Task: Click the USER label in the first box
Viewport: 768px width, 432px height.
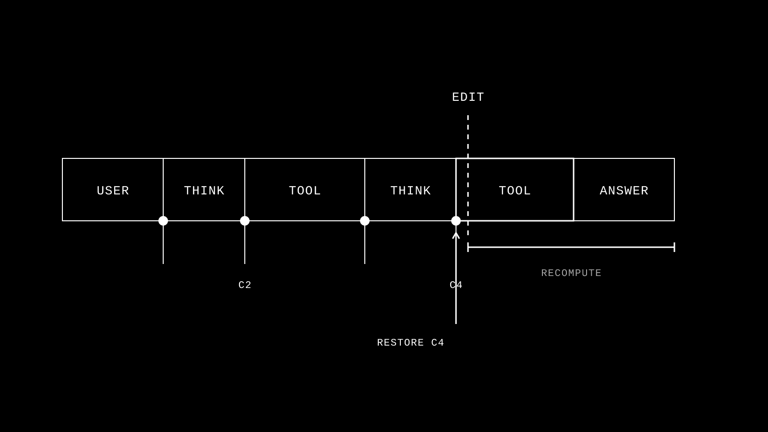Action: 113,191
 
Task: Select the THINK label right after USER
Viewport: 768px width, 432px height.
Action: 204,191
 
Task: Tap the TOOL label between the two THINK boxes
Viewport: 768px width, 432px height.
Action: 305,191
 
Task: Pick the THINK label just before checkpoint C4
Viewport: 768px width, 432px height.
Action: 410,191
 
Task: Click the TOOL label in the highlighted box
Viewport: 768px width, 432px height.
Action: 515,191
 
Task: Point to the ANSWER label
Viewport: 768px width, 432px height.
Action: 624,191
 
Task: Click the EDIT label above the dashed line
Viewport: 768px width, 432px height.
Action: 468,97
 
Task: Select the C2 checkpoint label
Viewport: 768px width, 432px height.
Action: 245,285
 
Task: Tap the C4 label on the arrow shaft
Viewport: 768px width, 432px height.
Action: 456,285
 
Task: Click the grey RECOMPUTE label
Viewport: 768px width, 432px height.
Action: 571,273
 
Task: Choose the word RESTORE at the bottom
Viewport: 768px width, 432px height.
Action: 400,343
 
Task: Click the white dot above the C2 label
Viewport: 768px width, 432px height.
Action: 245,221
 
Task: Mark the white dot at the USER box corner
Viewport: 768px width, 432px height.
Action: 163,221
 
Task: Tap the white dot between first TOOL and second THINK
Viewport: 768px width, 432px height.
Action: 365,221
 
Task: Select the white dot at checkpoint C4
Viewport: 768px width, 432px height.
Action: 456,221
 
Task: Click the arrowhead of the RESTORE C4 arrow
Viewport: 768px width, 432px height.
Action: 456,233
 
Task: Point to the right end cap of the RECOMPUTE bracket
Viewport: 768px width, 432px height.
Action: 674,247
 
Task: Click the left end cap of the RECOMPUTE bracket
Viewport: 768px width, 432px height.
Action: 468,247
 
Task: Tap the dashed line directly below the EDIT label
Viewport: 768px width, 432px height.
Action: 468,175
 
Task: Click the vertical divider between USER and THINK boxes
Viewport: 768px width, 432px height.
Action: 163,190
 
